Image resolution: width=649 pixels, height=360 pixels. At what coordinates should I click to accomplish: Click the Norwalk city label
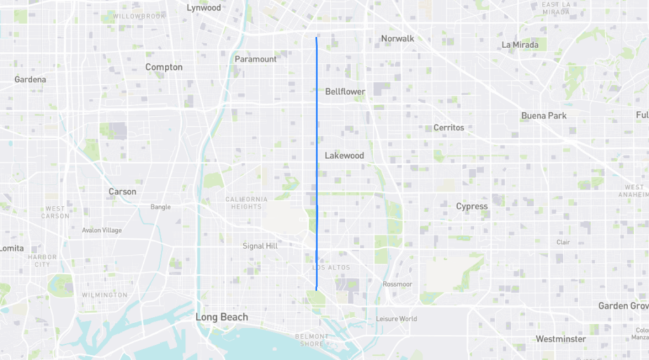pos(397,39)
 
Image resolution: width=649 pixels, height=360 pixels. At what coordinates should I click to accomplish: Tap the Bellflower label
pos(345,92)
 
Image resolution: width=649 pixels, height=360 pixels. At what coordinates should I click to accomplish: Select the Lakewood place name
pos(344,155)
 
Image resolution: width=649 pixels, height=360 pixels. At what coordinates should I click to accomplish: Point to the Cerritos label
pos(449,127)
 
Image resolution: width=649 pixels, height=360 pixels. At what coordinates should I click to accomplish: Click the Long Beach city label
pos(222,317)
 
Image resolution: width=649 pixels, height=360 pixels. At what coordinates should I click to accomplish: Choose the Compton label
pos(164,67)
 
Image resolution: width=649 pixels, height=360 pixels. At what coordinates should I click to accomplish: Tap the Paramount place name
pos(255,59)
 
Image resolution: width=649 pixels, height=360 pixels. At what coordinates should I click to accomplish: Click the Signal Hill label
pos(260,246)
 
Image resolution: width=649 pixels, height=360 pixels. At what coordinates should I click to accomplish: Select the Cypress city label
pos(472,207)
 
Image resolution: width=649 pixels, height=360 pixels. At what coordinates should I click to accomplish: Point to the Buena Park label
pos(544,116)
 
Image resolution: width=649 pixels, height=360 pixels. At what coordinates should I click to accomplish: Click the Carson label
pos(122,191)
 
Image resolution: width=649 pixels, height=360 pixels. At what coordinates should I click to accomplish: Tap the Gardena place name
pos(30,80)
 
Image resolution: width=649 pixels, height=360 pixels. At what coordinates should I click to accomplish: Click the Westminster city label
pos(560,339)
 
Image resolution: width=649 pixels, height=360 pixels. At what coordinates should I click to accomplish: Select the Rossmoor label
pos(397,285)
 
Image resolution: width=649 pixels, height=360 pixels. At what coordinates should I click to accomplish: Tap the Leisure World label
pos(396,319)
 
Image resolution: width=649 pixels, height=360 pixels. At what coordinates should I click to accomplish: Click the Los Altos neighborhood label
pos(331,267)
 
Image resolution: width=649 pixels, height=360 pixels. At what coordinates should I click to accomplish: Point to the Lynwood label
pos(204,8)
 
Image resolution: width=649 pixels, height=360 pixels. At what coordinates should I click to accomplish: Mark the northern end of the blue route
pos(316,38)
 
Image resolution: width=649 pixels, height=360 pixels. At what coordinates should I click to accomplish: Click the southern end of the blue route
pos(316,290)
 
